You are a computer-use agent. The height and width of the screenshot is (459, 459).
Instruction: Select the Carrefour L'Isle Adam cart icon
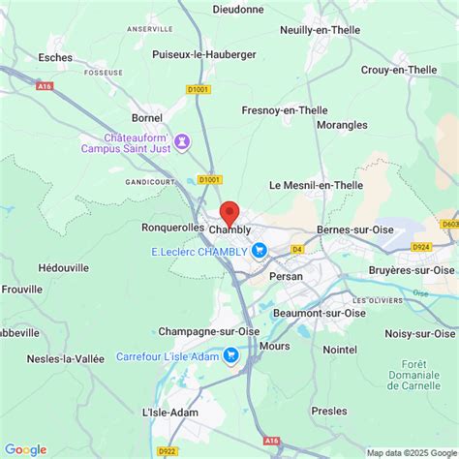(230, 355)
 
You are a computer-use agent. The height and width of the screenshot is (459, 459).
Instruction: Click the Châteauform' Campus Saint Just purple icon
(181, 141)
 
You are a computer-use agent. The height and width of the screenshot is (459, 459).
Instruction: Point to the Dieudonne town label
(238, 9)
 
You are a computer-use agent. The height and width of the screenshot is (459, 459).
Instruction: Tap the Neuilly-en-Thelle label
(319, 30)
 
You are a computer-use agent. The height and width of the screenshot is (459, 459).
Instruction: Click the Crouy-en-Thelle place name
(400, 70)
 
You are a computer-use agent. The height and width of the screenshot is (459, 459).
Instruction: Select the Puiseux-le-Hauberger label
(204, 54)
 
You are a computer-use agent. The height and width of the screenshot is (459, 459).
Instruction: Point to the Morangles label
(341, 125)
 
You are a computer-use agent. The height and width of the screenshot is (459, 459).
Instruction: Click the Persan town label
(287, 275)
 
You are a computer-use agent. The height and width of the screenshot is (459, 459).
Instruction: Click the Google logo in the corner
(25, 448)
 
